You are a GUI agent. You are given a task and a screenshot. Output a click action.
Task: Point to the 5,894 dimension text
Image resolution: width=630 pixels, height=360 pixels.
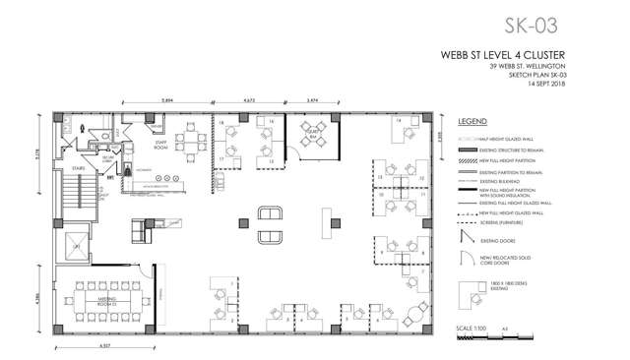[169, 100]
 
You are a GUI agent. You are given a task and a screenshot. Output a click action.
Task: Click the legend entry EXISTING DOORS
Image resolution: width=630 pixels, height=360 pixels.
[495, 238]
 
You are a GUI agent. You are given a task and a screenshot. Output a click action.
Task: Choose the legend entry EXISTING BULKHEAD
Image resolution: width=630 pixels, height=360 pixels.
[502, 182]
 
